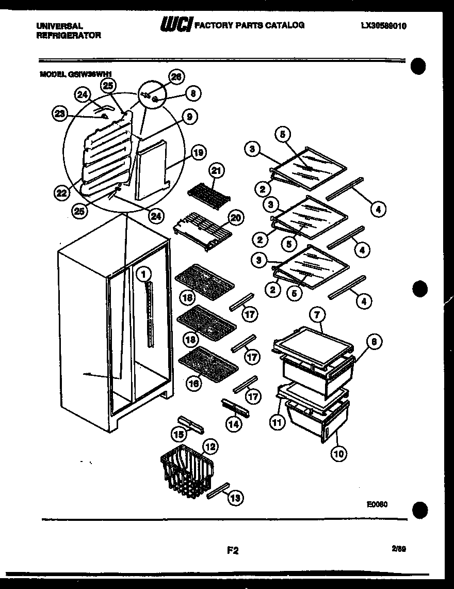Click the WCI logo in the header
tap(176, 24)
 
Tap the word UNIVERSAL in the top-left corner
tap(59, 25)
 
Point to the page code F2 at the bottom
tap(233, 550)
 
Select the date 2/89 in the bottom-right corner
tap(399, 550)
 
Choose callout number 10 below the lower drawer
tap(339, 454)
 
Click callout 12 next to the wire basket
tap(210, 446)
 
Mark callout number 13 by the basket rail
tap(235, 498)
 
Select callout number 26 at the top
tap(176, 77)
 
